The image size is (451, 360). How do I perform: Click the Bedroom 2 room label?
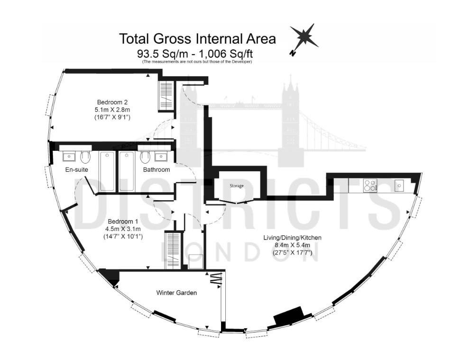(x=112, y=102)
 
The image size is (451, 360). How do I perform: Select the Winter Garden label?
(x=176, y=293)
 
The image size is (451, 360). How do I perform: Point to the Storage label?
(x=237, y=186)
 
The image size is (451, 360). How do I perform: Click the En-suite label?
(x=76, y=169)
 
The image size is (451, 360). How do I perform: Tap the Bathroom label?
(x=156, y=169)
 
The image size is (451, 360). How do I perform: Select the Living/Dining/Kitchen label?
(x=293, y=238)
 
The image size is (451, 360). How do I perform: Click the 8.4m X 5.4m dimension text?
(x=293, y=245)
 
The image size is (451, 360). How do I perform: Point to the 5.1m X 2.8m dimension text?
(x=112, y=110)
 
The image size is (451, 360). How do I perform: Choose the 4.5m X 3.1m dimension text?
(x=123, y=229)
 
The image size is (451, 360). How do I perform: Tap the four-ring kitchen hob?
(x=370, y=185)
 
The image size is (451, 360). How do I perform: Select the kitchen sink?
(x=399, y=185)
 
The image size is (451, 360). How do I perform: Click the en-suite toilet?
(x=85, y=157)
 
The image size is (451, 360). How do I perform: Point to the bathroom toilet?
(x=145, y=157)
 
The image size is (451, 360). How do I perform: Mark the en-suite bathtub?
(x=107, y=172)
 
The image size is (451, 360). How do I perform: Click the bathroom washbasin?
(x=160, y=157)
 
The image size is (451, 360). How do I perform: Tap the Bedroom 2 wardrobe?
(x=166, y=96)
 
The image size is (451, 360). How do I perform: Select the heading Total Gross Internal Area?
(x=198, y=38)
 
